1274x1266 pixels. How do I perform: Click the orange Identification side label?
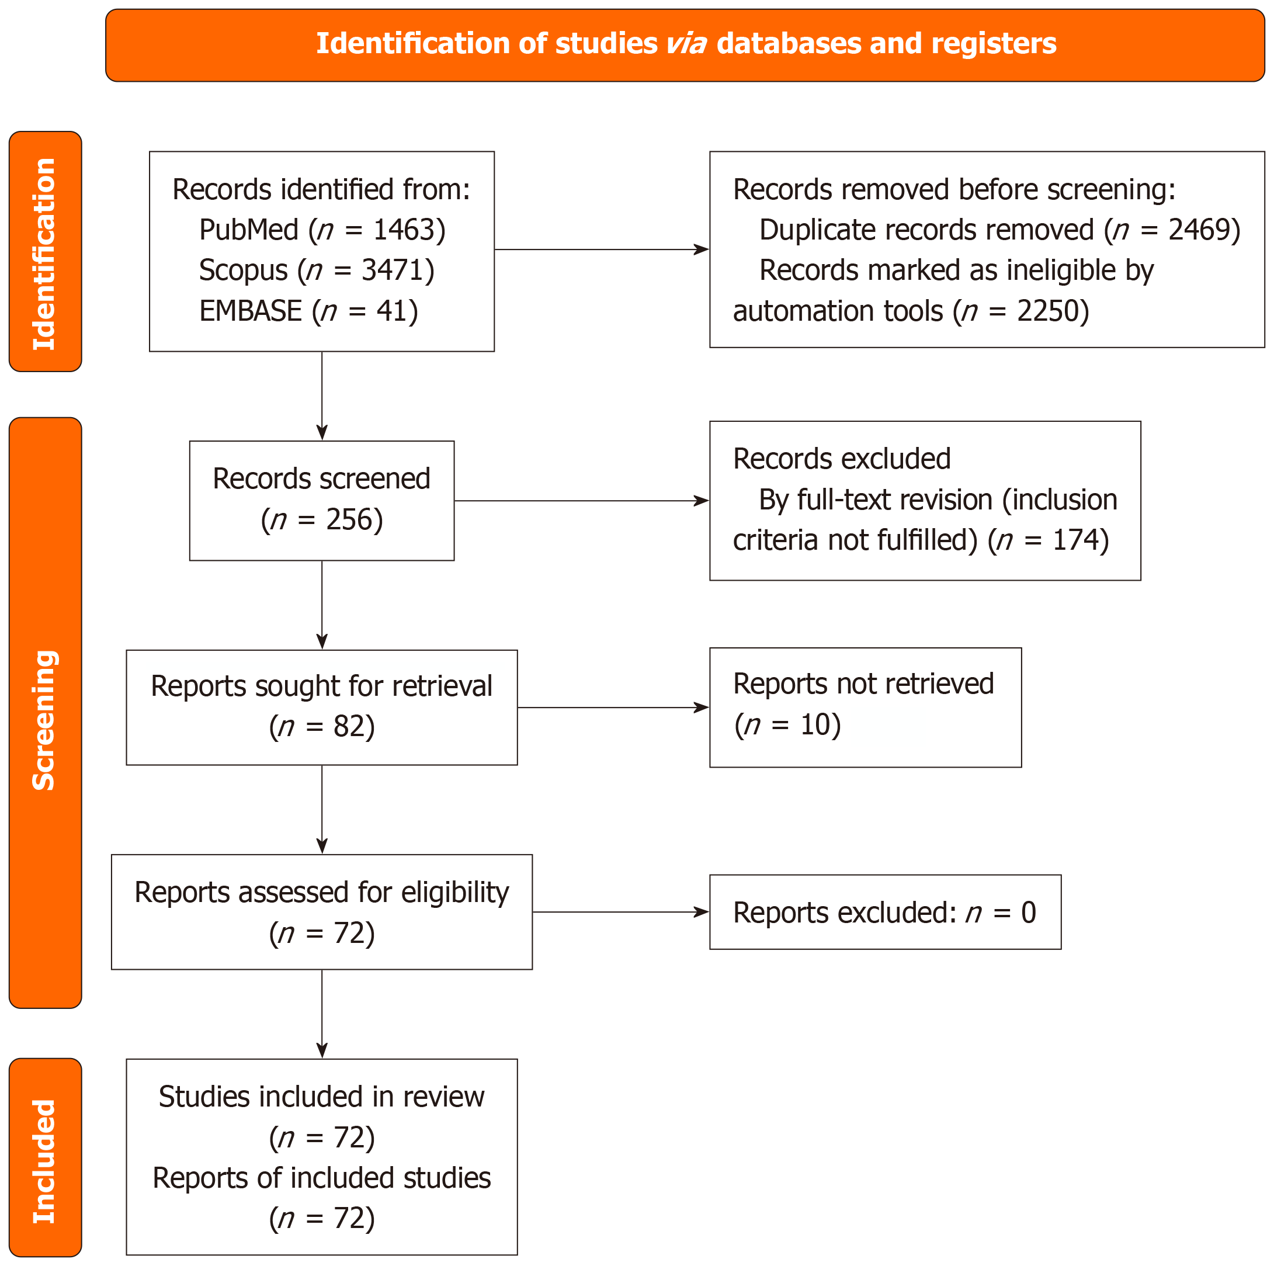tap(46, 251)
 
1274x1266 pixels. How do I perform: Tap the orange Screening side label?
tap(46, 713)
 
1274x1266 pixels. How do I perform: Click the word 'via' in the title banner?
tap(686, 43)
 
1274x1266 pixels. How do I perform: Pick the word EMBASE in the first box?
tap(251, 311)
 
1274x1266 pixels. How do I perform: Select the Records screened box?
tap(322, 501)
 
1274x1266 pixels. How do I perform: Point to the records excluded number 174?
tap(1073, 540)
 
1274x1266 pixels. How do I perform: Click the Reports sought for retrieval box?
tap(322, 707)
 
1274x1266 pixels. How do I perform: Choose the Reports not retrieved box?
tap(865, 707)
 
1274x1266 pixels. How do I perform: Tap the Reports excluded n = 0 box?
tap(885, 912)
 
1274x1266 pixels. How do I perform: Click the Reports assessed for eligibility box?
tap(322, 912)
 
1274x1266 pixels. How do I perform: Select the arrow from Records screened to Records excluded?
tap(582, 501)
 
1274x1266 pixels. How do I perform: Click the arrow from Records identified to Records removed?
tap(602, 249)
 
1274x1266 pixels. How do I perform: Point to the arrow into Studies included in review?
tap(322, 1014)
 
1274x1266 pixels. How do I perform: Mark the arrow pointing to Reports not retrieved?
tap(613, 707)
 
